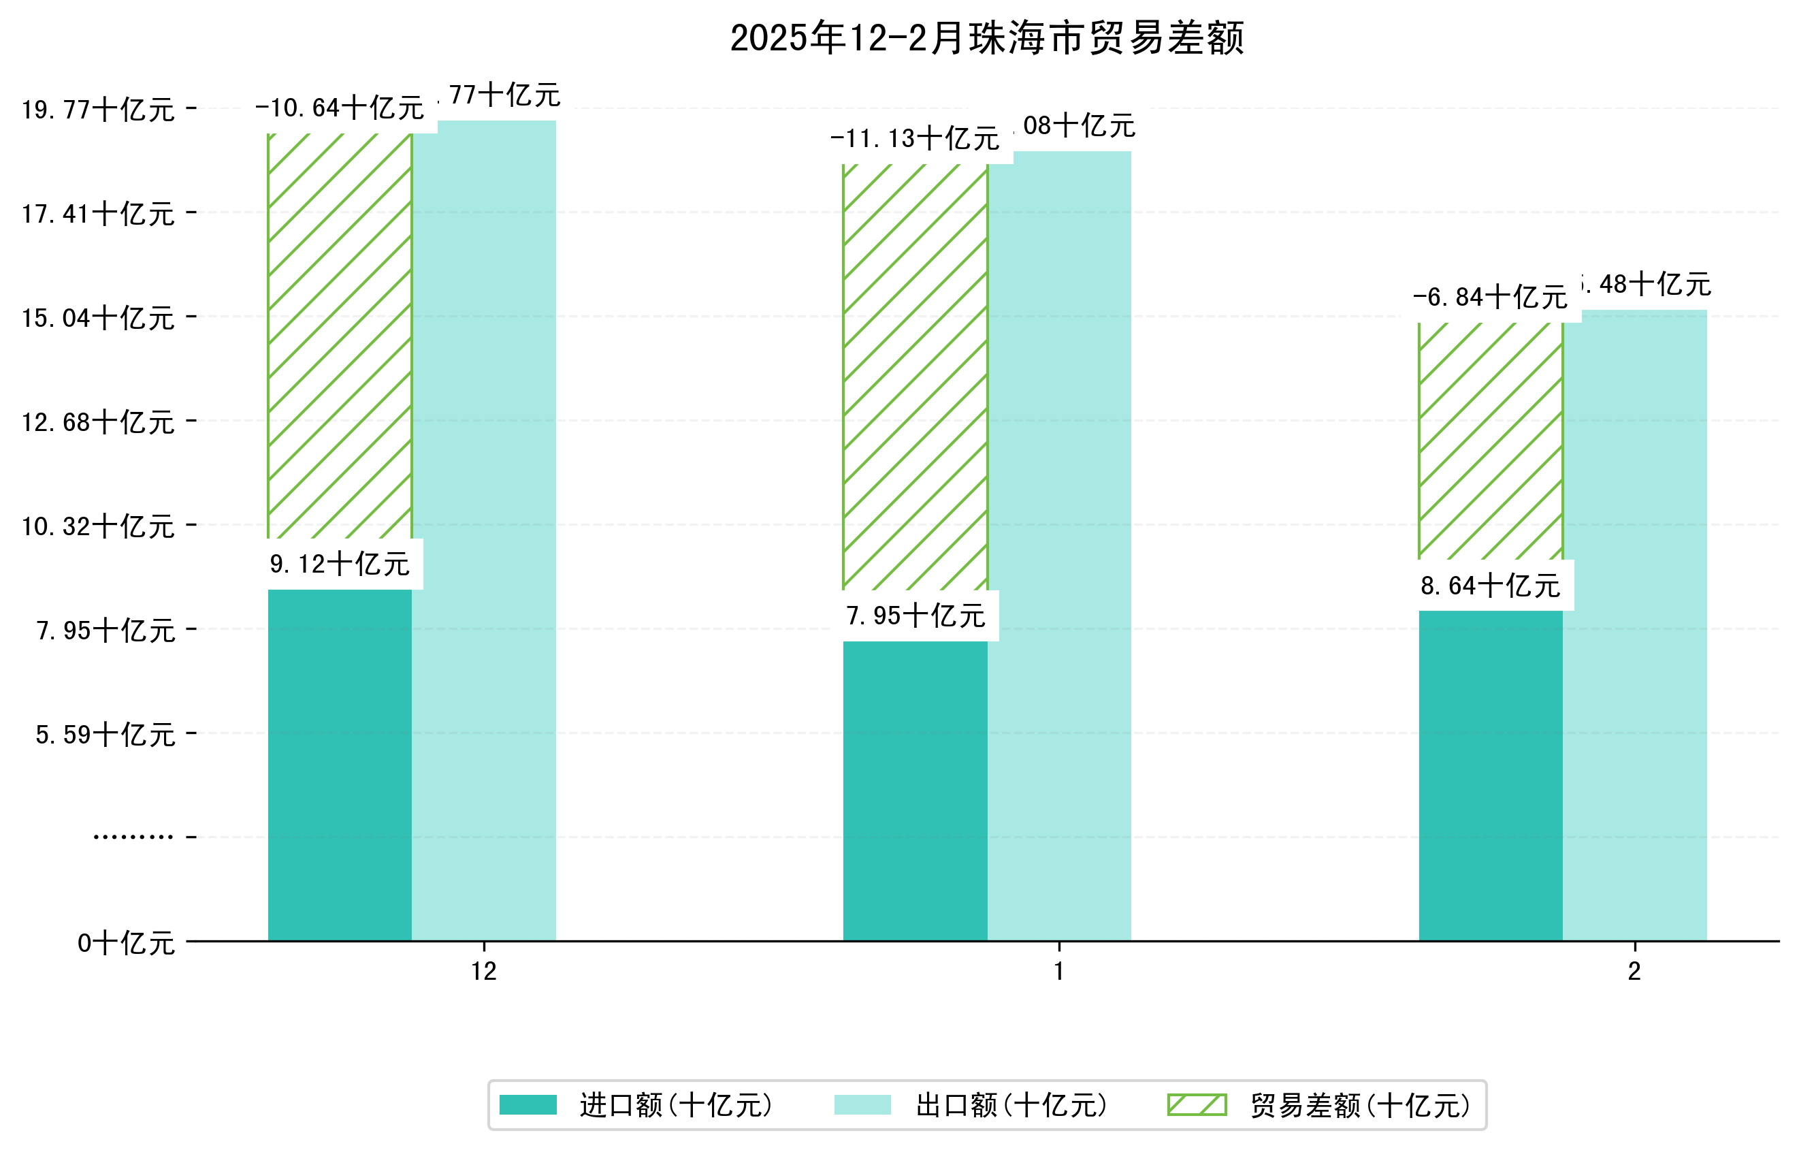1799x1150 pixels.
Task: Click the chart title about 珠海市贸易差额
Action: pos(986,39)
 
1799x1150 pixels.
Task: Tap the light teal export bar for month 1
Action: pos(1058,545)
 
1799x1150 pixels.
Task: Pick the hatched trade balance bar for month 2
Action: pos(1490,441)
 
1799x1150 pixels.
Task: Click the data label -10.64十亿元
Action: pos(339,109)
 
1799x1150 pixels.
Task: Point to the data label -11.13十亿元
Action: pos(914,140)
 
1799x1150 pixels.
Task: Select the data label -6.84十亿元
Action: pos(1490,298)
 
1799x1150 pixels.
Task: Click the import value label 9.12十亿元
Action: pos(339,565)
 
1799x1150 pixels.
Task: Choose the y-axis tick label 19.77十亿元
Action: pos(98,110)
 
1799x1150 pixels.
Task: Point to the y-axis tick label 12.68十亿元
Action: pos(98,423)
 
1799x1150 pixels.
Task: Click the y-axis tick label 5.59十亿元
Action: pos(106,735)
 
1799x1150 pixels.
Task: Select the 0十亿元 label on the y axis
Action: pos(126,944)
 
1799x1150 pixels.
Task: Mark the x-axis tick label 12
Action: pos(483,972)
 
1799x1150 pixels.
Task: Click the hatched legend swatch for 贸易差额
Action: pos(1196,1105)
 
